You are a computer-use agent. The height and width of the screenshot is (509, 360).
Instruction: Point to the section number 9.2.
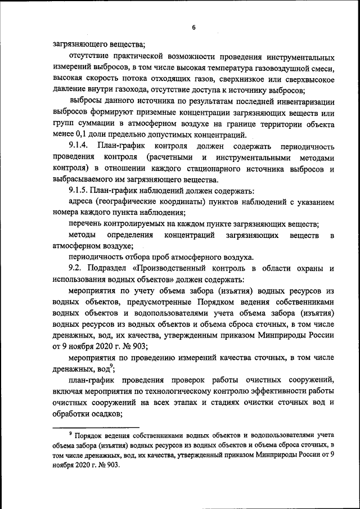tap(75, 268)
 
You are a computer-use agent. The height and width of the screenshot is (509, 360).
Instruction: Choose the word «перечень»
tap(86, 223)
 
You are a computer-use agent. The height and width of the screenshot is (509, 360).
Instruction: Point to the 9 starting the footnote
tap(70, 433)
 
